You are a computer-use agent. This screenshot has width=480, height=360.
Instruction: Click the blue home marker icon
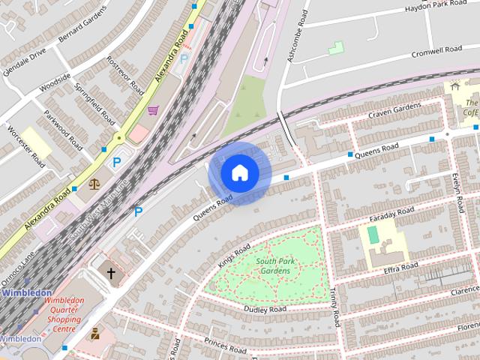(x=239, y=173)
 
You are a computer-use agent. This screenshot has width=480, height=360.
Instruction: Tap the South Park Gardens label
(x=273, y=266)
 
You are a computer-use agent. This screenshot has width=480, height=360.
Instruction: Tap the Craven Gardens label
(x=395, y=112)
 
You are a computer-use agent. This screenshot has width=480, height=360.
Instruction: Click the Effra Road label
(x=400, y=268)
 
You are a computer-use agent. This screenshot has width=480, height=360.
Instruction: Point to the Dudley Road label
(x=265, y=309)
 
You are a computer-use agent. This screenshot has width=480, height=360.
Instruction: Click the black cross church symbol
(x=112, y=274)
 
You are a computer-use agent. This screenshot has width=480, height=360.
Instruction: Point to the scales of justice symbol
(x=94, y=184)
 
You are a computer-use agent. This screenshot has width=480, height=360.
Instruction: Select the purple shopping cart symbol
(x=153, y=111)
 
